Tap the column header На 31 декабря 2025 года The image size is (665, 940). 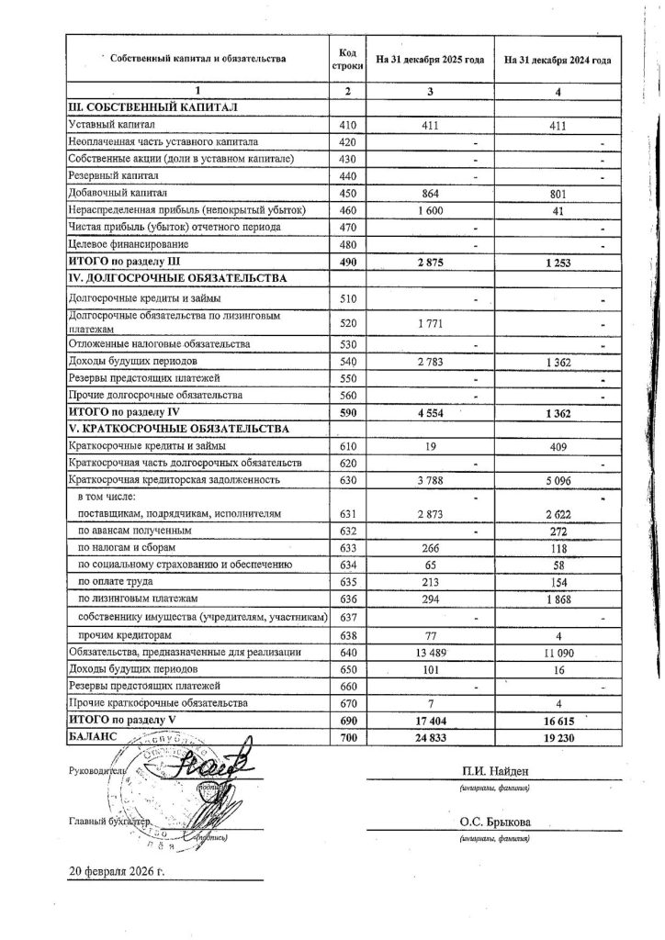click(x=430, y=60)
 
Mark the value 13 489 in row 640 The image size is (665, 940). click(x=431, y=652)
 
